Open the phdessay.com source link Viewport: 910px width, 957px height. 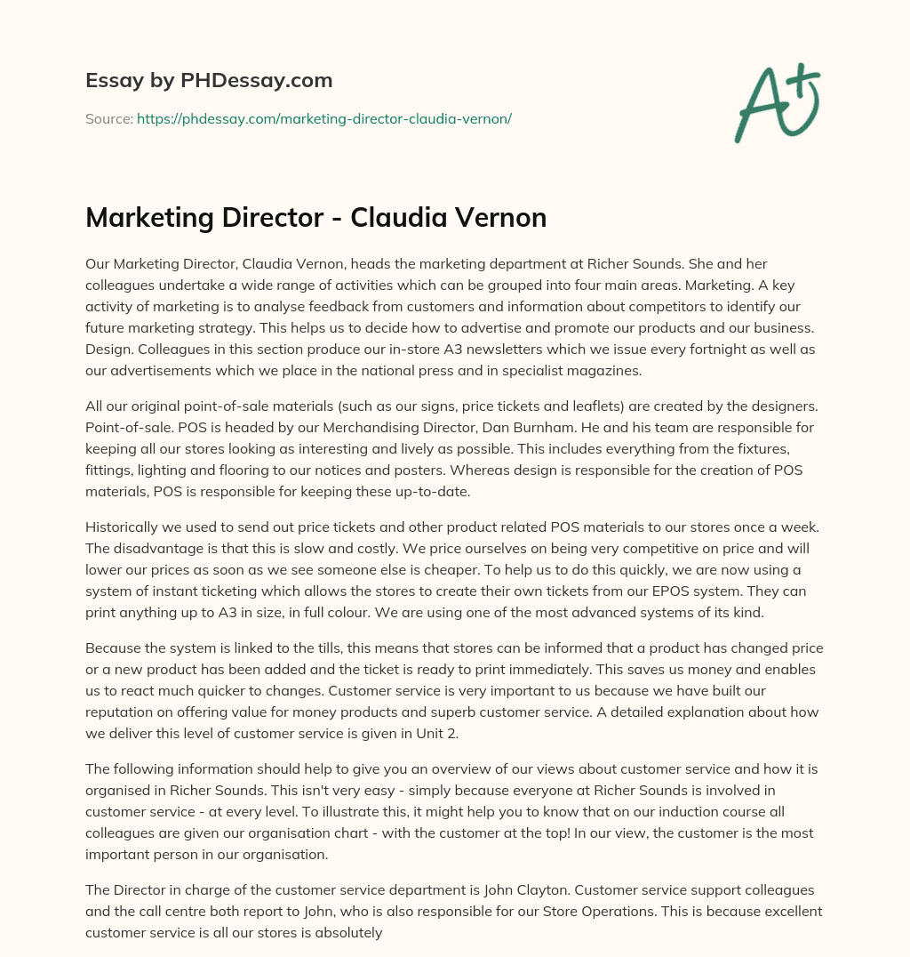click(x=323, y=118)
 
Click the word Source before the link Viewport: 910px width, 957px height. click(x=108, y=118)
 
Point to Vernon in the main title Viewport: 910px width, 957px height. click(x=505, y=217)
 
